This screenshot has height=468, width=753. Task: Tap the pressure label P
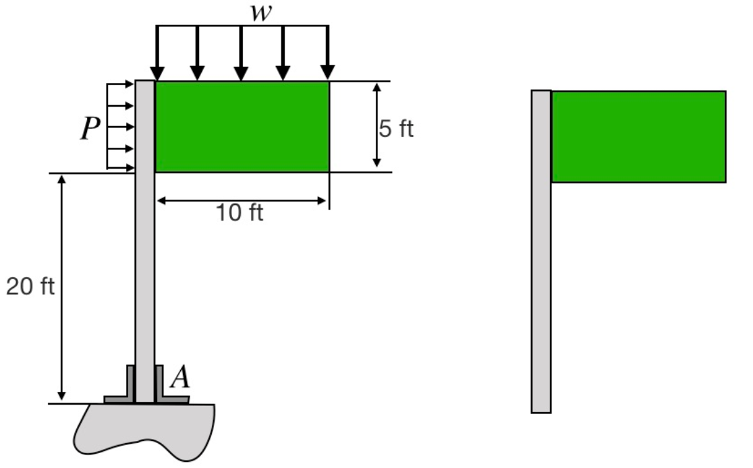click(90, 129)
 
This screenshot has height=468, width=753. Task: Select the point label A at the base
click(179, 378)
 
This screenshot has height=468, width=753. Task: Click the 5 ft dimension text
click(396, 129)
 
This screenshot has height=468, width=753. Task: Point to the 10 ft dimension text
click(240, 214)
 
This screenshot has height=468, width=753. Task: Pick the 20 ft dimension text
click(30, 287)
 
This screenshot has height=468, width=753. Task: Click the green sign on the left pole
click(242, 127)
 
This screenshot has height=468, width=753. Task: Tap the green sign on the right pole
click(638, 137)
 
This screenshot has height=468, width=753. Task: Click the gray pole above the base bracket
click(144, 270)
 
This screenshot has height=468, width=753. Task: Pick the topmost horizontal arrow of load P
click(121, 84)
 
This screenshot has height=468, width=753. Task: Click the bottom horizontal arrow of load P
click(121, 168)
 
